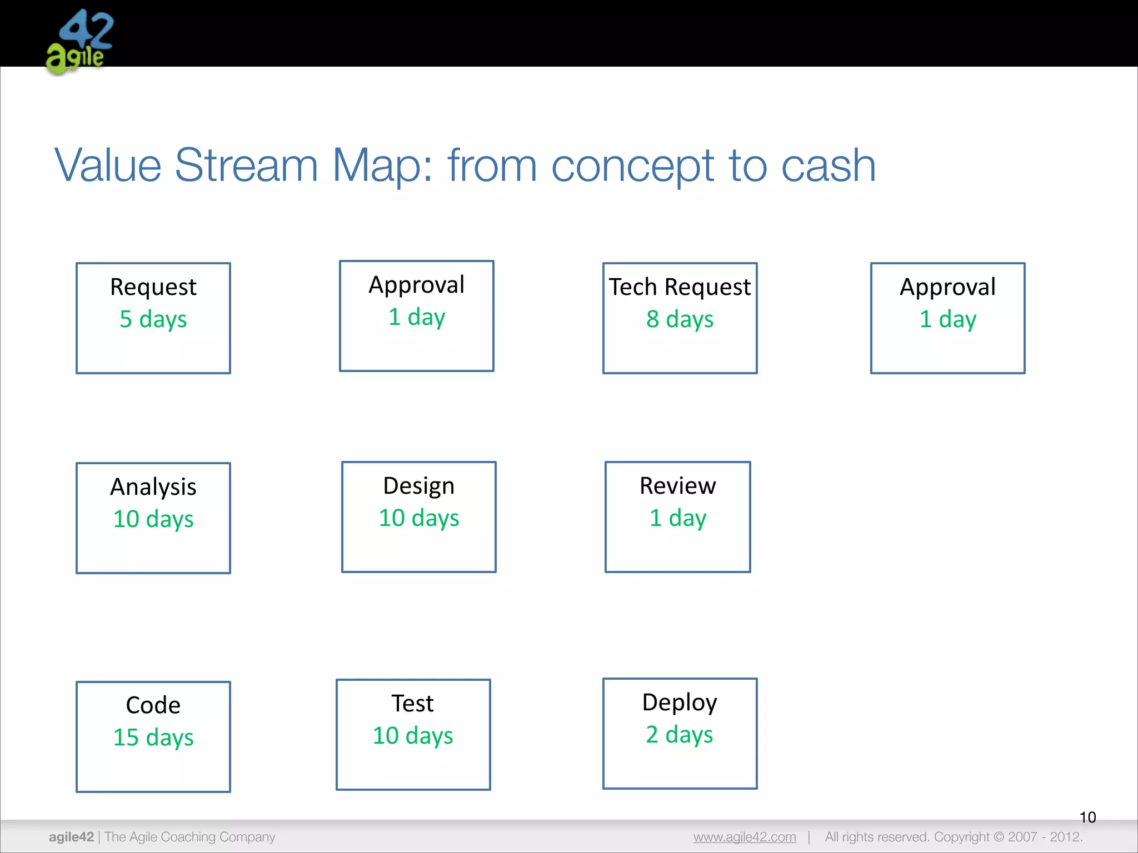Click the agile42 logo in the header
click(79, 42)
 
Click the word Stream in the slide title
click(246, 165)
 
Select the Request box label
click(153, 287)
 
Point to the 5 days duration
click(153, 319)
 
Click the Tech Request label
click(680, 287)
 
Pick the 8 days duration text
click(680, 319)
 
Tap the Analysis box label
click(153, 487)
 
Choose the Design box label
click(419, 486)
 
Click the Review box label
click(678, 486)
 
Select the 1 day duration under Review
click(678, 518)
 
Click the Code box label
click(153, 705)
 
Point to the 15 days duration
click(153, 737)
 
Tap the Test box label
click(413, 704)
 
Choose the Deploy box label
click(680, 703)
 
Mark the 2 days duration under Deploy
click(680, 735)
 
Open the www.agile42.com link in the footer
click(745, 837)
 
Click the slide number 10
click(1087, 817)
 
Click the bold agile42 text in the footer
click(71, 837)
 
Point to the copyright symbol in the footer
click(999, 837)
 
